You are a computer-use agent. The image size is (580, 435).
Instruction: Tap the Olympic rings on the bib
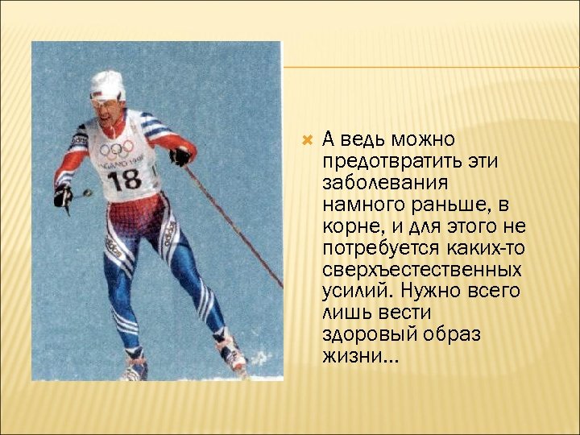click(x=116, y=150)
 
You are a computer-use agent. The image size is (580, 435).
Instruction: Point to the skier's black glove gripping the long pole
click(x=180, y=155)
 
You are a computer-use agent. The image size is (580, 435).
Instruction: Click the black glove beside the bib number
click(x=63, y=196)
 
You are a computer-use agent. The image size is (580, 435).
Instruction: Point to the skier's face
click(x=107, y=110)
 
